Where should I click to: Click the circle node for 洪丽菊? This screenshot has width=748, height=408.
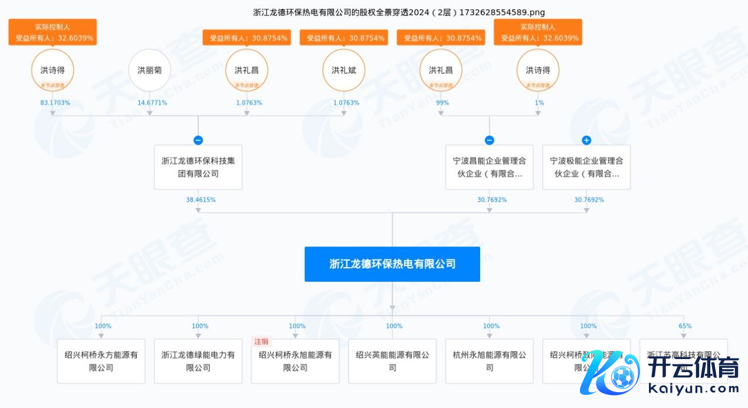point(149,70)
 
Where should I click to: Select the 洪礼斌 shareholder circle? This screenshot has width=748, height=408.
point(343,70)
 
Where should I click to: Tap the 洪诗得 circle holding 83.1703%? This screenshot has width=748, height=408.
point(53,70)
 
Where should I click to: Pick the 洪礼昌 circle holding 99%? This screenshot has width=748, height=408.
point(441,70)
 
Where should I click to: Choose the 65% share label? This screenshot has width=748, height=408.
point(685,326)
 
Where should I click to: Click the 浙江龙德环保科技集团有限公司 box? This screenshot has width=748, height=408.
point(198,167)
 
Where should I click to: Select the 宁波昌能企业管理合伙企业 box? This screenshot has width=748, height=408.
point(489,167)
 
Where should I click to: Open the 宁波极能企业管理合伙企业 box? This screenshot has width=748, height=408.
point(586,167)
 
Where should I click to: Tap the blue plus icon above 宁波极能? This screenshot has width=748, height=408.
point(586,140)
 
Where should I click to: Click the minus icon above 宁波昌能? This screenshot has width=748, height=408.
point(489,140)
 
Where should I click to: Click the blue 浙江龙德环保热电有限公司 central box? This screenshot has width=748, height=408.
point(392,264)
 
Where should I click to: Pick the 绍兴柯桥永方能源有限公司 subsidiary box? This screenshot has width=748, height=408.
point(101,361)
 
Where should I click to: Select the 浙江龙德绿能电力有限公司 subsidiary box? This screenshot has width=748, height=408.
point(198,361)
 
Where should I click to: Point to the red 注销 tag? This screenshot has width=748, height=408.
point(261,341)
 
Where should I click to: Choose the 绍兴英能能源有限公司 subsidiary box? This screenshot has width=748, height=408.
point(392,361)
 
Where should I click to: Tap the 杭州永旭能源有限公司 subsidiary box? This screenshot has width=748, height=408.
point(489,361)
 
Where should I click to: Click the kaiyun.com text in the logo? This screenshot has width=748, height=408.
point(693,389)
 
